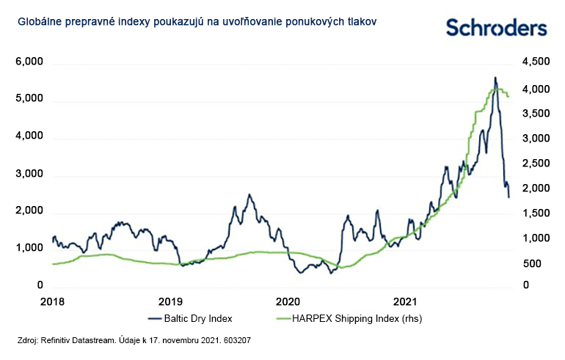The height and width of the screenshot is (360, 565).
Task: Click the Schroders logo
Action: click(497, 28)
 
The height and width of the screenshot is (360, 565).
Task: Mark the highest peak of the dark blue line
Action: click(495, 77)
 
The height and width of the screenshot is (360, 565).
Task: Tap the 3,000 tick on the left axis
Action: click(31, 175)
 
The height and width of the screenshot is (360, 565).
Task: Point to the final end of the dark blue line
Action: click(509, 197)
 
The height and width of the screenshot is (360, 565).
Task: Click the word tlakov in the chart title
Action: click(362, 22)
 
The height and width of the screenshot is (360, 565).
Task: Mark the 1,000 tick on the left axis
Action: click(31, 249)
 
